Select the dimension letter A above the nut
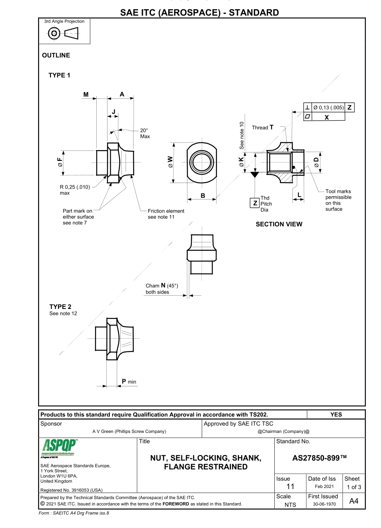pyautogui.click(x=122, y=94)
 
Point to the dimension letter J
pyautogui.click(x=113, y=112)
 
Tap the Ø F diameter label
pyautogui.click(x=61, y=162)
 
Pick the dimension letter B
pyautogui.click(x=203, y=195)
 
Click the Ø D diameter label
pyautogui.click(x=316, y=162)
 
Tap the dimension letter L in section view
pyautogui.click(x=299, y=195)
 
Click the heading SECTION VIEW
pyautogui.click(x=279, y=224)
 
